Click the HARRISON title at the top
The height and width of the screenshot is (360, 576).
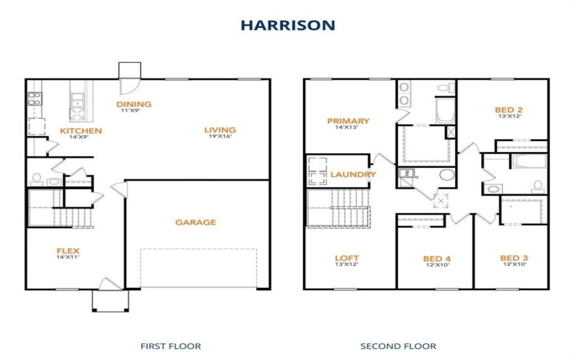(x=287, y=25)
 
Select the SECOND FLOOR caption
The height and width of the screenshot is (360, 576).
(x=398, y=346)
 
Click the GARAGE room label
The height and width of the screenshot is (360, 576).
(x=195, y=222)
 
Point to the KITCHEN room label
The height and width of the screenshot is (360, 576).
(x=81, y=131)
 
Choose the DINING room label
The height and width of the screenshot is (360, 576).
(x=134, y=104)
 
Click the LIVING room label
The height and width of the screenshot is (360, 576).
(x=219, y=130)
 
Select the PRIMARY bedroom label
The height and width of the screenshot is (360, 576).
(x=348, y=121)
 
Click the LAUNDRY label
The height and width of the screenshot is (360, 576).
(x=353, y=174)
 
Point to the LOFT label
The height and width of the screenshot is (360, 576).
(x=346, y=258)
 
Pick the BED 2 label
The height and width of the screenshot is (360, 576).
(x=508, y=110)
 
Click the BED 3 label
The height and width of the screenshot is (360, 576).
(x=514, y=258)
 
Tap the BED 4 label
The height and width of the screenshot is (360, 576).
(x=436, y=258)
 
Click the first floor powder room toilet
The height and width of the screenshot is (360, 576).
(x=37, y=179)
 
